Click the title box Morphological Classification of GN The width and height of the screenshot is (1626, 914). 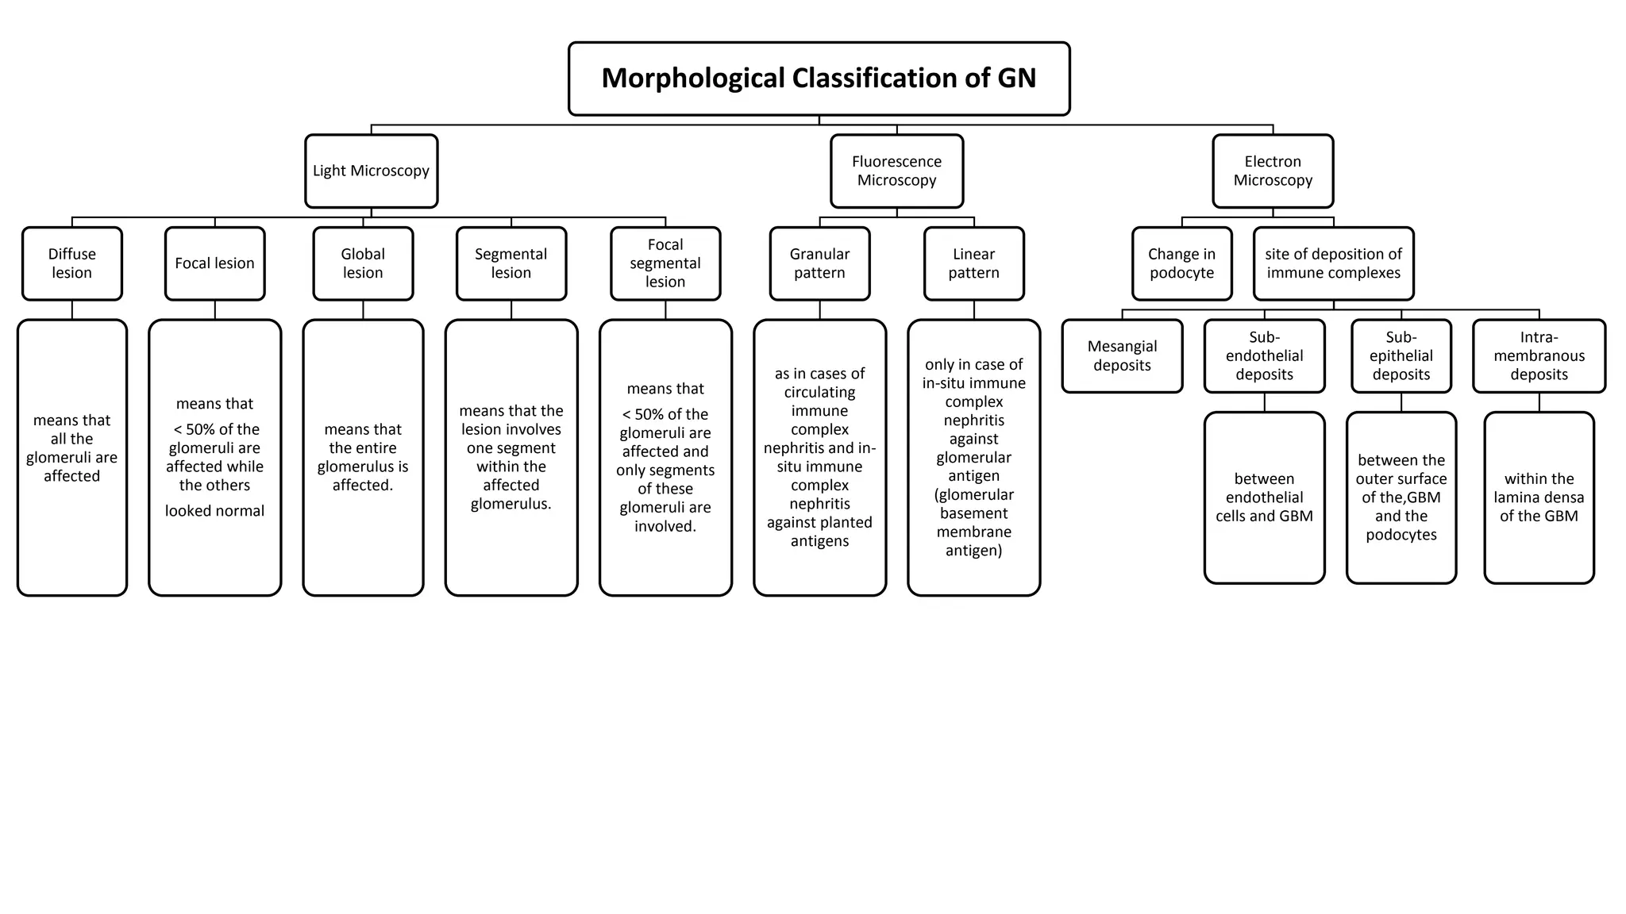(819, 79)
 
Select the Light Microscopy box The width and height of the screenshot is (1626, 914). (371, 171)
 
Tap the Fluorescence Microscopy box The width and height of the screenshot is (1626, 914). (896, 171)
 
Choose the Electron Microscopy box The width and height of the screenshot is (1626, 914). (1273, 171)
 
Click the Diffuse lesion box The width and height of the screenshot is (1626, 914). (71, 263)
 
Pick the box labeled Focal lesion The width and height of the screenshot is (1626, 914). (214, 263)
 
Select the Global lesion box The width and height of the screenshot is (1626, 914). (363, 263)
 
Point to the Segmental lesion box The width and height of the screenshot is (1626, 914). (511, 263)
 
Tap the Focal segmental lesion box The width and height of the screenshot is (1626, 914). (665, 263)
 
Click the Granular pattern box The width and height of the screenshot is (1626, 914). (819, 263)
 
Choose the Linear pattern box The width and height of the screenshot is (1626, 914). (973, 263)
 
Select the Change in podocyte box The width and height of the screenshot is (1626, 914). (1181, 263)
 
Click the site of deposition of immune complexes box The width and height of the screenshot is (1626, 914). (1333, 263)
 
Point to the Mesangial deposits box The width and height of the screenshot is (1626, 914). (1122, 355)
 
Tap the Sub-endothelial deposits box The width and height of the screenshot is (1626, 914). (1264, 355)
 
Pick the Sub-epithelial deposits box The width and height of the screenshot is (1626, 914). (1401, 355)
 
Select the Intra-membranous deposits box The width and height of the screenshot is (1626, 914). (1539, 355)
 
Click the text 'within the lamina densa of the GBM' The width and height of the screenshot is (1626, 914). (1539, 497)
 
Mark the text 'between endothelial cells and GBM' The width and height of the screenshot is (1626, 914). (1264, 497)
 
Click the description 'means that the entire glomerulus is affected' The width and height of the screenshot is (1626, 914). (363, 457)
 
